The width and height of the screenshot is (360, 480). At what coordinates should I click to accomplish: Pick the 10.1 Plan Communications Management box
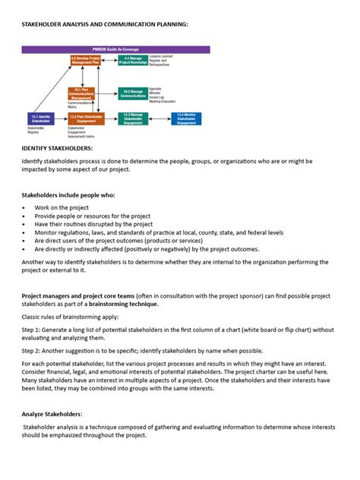point(84,93)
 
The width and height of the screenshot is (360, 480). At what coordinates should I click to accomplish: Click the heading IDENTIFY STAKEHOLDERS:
point(58,149)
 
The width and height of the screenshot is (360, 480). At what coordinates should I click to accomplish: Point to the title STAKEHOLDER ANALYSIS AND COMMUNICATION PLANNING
point(104,24)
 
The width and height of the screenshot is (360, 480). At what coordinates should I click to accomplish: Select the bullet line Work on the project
point(62,207)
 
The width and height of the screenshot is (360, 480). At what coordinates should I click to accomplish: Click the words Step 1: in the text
point(33,330)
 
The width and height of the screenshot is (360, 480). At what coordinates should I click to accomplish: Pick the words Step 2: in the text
point(33,351)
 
